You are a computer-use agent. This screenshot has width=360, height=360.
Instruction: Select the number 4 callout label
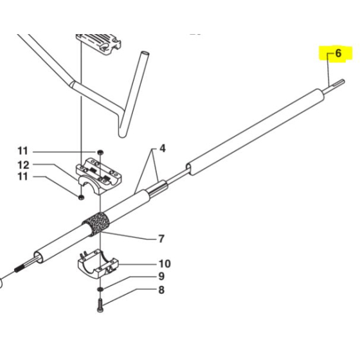[163, 148]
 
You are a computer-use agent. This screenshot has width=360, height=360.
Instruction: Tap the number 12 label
[23, 165]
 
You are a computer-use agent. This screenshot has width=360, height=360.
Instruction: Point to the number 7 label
[161, 239]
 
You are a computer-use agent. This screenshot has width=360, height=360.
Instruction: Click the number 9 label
[161, 277]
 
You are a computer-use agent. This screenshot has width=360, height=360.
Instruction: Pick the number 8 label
[161, 291]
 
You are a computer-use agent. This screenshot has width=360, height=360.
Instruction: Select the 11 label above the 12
[23, 152]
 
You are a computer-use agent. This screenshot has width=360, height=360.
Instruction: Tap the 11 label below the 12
[23, 178]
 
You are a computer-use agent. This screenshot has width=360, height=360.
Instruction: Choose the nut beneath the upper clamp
[81, 197]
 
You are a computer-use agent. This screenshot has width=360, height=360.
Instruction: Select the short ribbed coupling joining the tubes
[158, 188]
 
